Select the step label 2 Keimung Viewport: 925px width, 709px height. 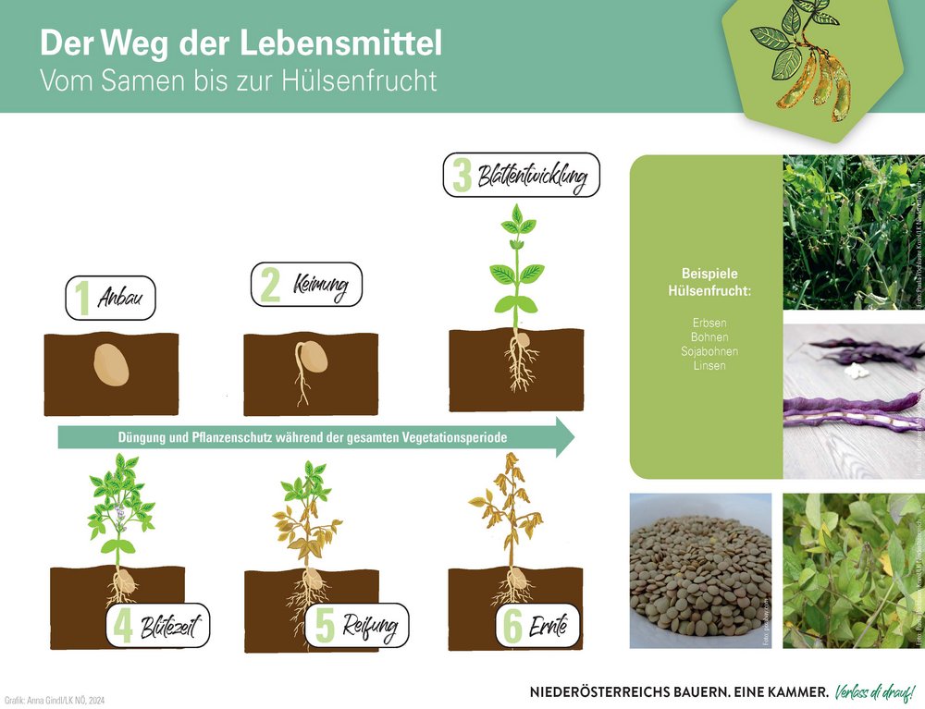(x=306, y=285)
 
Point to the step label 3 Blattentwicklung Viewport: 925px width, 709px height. (x=522, y=175)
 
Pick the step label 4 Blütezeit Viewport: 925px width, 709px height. (x=158, y=627)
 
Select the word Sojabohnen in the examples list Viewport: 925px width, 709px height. (x=709, y=351)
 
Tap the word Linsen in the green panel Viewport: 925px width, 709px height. (x=709, y=365)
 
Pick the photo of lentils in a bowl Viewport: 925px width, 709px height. (x=700, y=569)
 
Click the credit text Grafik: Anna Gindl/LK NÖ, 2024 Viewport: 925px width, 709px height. (x=55, y=700)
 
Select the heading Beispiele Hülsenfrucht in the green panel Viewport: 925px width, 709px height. (x=709, y=282)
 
